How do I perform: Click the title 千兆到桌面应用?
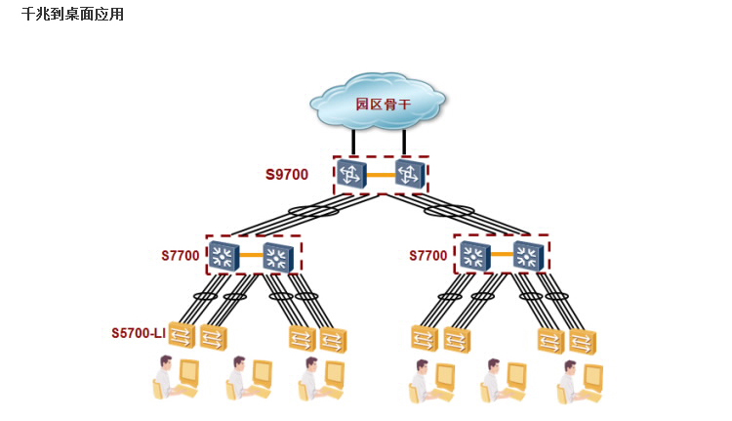pos(72,15)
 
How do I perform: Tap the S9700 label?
pos(287,176)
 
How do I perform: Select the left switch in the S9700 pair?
pos(350,175)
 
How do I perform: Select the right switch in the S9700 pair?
pos(410,175)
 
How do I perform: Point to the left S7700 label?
pos(181,256)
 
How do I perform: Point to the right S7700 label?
pos(428,256)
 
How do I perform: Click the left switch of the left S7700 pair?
pos(224,256)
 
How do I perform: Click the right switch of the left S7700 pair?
pos(278,257)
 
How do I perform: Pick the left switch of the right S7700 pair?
pos(473,256)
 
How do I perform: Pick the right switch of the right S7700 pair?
pos(528,257)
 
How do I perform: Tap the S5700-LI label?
pos(139,333)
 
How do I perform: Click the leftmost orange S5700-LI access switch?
pos(182,335)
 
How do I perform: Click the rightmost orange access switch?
pos(583,342)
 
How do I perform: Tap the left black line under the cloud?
pos(353,142)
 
